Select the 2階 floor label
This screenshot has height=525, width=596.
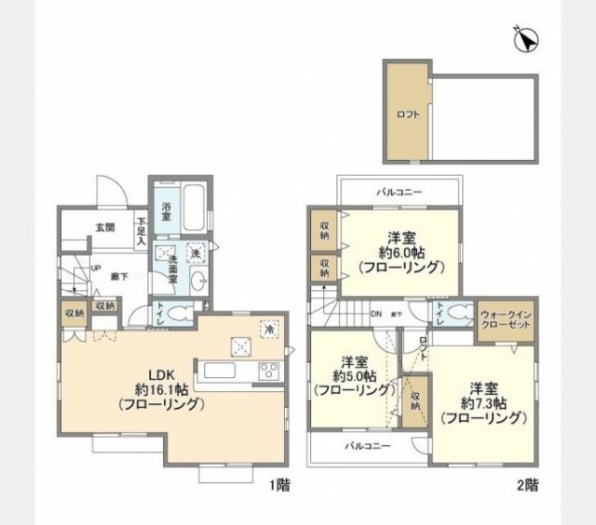click(526, 485)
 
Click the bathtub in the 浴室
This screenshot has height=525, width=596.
click(194, 213)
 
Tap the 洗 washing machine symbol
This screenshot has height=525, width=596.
click(196, 253)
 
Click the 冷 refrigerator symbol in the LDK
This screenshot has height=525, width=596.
click(268, 328)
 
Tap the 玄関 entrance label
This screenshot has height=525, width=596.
click(104, 227)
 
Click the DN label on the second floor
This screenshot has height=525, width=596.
click(375, 314)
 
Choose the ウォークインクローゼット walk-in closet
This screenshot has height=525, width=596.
click(507, 320)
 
